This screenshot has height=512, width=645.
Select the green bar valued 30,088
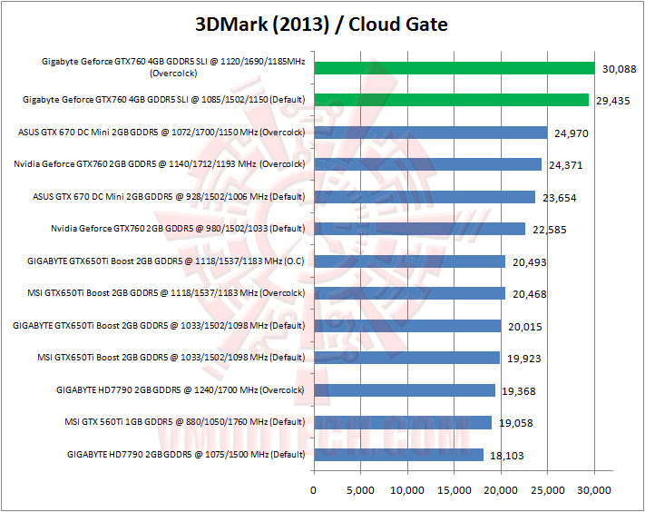[x=454, y=68]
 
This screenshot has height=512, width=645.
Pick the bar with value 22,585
[x=419, y=229]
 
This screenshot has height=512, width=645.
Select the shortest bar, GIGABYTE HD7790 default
[x=398, y=454]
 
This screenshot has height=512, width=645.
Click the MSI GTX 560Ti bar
[x=403, y=422]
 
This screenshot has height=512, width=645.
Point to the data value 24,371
[x=569, y=165]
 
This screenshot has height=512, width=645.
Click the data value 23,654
[x=556, y=197]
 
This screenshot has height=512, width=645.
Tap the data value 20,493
[x=533, y=261]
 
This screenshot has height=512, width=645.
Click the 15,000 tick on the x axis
[x=454, y=490]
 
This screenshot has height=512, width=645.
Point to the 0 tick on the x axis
[x=313, y=490]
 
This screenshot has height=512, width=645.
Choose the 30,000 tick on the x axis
[x=594, y=490]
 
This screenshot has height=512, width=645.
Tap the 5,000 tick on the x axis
[x=360, y=490]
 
